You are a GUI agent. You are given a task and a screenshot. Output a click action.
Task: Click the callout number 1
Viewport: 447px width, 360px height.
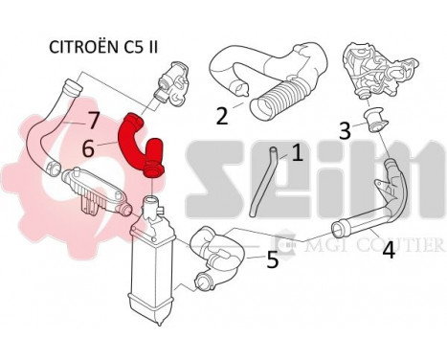click(x=297, y=151)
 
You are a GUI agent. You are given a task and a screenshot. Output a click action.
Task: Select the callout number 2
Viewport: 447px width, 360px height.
click(x=222, y=116)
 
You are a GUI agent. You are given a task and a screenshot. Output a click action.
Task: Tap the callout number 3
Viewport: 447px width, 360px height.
click(x=344, y=130)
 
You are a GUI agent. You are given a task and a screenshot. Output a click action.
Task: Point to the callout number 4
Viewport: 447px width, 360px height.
click(x=389, y=250)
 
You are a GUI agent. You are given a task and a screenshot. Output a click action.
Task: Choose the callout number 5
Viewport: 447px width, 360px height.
click(x=272, y=259)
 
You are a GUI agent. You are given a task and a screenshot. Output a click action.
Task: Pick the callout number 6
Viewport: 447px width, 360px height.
click(x=88, y=148)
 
